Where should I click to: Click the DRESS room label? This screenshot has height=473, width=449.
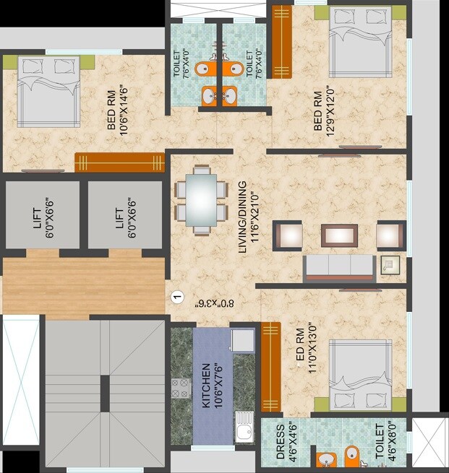pyautogui.click(x=281, y=443)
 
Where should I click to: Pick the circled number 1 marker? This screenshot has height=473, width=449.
pyautogui.click(x=175, y=296)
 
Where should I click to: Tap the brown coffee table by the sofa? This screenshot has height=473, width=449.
pyautogui.click(x=339, y=235)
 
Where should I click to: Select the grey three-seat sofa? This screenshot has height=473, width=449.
pyautogui.click(x=339, y=267)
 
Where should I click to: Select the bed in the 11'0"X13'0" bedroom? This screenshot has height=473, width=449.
pyautogui.click(x=360, y=375)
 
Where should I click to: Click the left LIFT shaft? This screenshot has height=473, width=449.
pyautogui.click(x=42, y=214)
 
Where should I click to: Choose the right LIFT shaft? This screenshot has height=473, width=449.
pyautogui.click(x=124, y=214)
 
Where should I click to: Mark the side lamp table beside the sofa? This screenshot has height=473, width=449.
pyautogui.click(x=390, y=265)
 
